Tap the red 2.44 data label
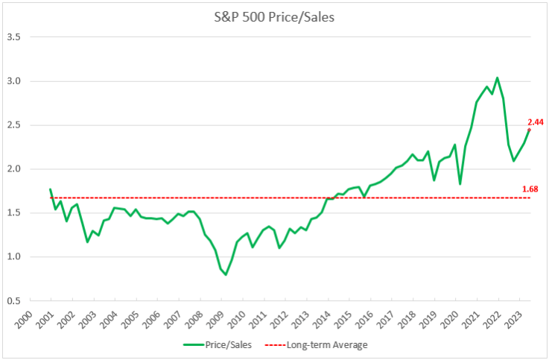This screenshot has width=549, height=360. pos(535,121)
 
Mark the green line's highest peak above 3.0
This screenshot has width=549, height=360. pos(497,78)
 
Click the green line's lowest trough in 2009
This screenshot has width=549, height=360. pos(226,275)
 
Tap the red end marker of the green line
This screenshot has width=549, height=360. pos(529,130)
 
